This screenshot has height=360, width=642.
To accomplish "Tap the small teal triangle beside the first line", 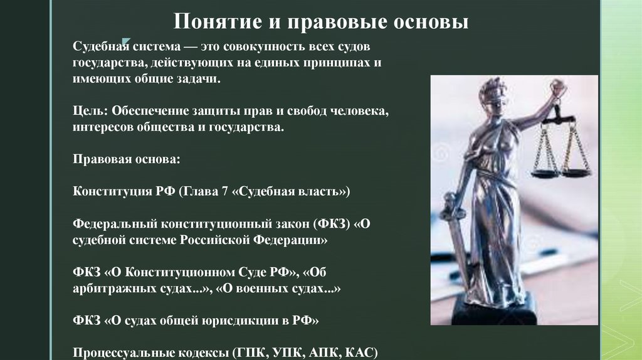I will tap(125, 41).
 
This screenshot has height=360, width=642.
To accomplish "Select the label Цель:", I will tap(90, 112).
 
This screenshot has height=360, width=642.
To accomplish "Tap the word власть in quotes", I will tap(320, 191).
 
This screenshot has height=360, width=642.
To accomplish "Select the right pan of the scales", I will tap(576, 171).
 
